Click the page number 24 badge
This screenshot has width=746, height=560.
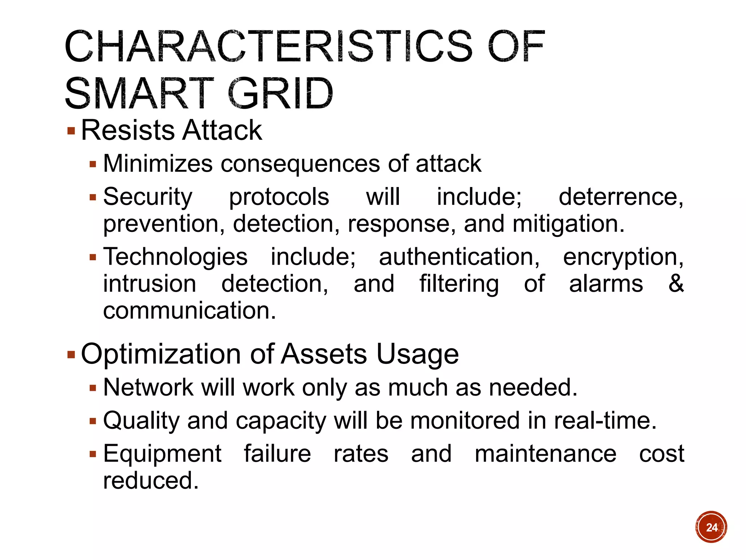pyautogui.click(x=711, y=527)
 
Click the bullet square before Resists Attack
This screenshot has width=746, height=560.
pyautogui.click(x=71, y=131)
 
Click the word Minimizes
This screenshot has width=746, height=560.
pyautogui.click(x=158, y=163)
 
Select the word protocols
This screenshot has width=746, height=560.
pyautogui.click(x=279, y=197)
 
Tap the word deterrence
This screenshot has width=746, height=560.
pyautogui.click(x=621, y=197)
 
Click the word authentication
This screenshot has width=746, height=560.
pyautogui.click(x=459, y=257)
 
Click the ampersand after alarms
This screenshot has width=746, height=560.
pyautogui.click(x=676, y=283)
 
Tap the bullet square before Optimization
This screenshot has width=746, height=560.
pyautogui.click(x=71, y=354)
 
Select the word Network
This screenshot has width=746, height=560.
pyautogui.click(x=148, y=387)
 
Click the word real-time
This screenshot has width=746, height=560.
pyautogui.click(x=605, y=420)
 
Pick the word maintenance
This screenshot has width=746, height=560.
pyautogui.click(x=545, y=454)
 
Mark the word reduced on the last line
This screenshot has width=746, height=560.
pyautogui.click(x=151, y=481)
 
